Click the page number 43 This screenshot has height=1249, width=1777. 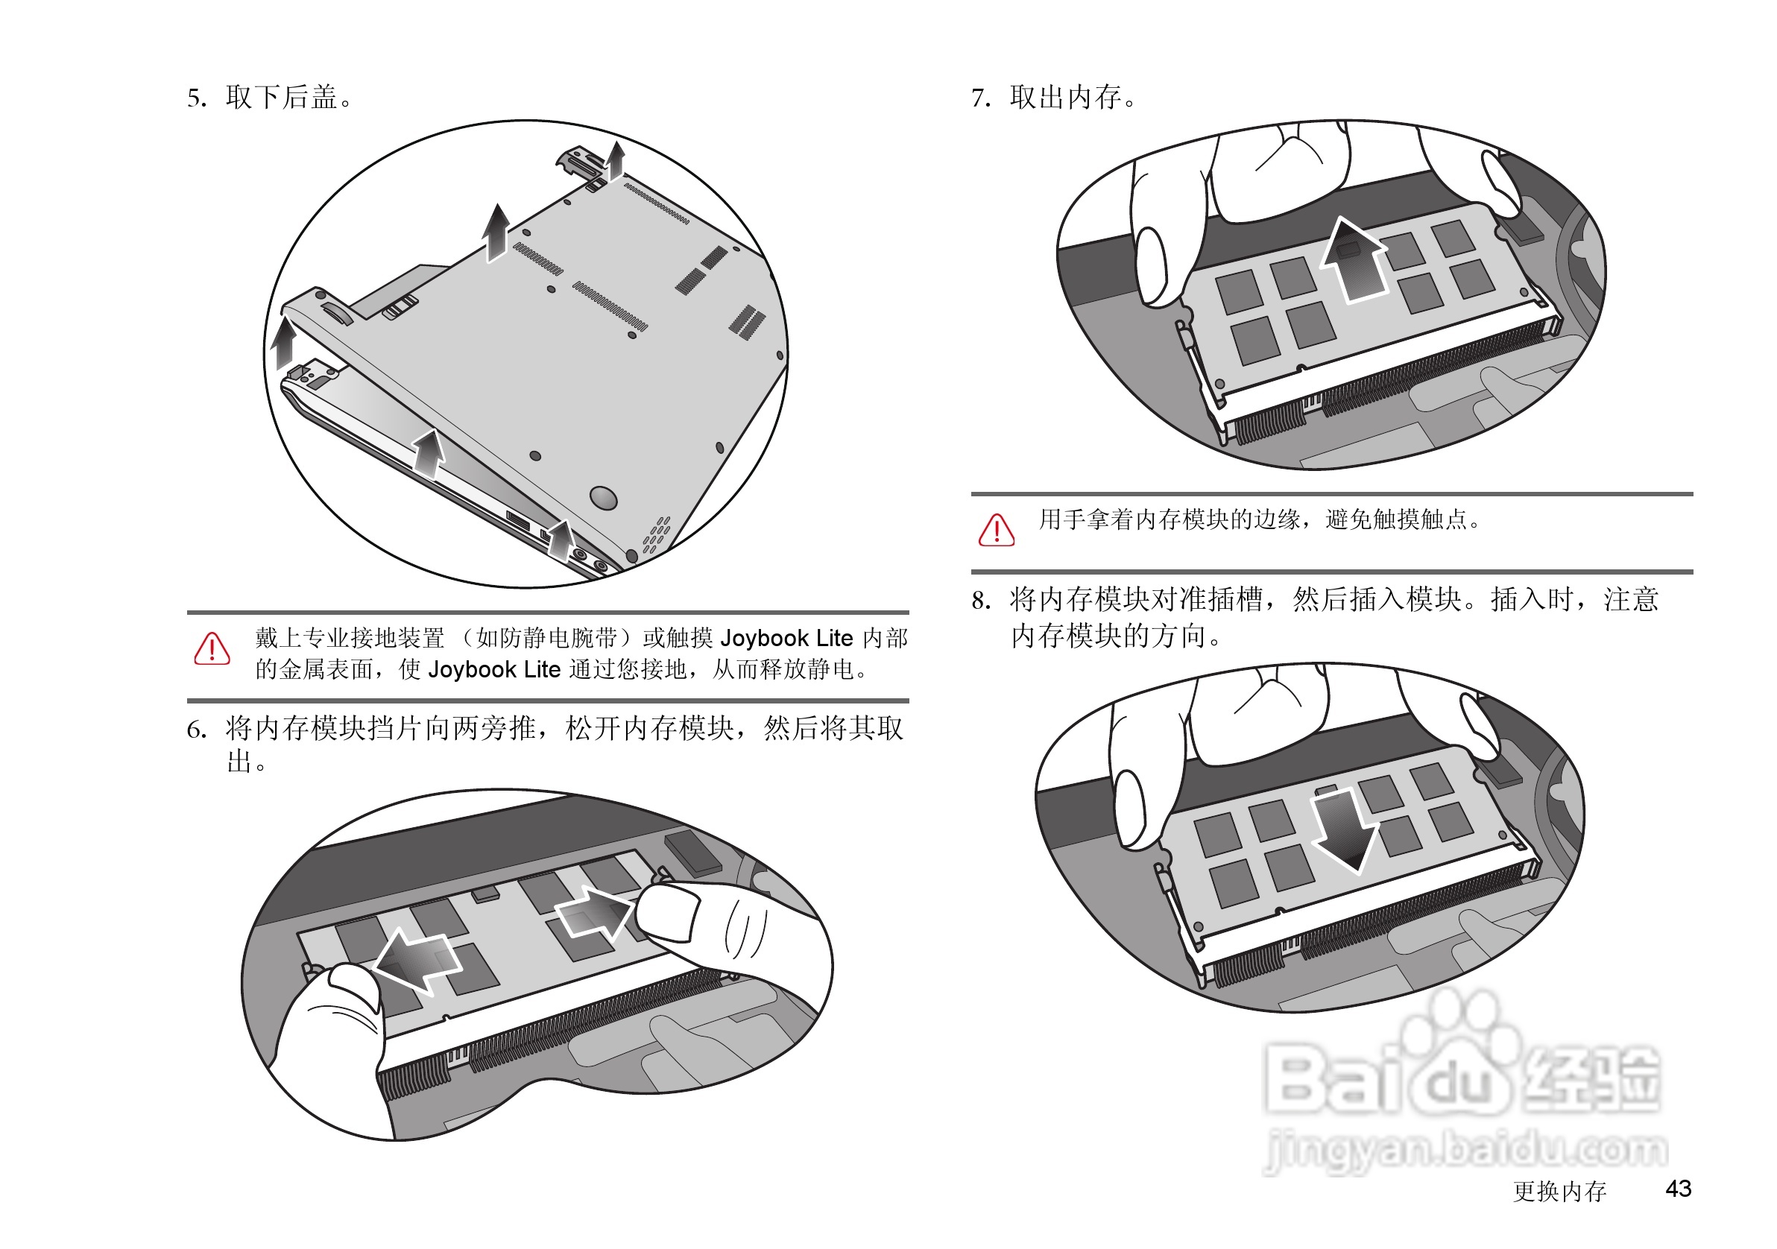pos(1677,1189)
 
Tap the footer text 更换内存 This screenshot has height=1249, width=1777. pos(1559,1191)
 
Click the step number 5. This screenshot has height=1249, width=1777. pos(195,98)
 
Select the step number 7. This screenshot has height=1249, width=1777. pos(980,98)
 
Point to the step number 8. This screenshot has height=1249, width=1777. pos(980,601)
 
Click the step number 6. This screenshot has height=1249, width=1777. pos(195,730)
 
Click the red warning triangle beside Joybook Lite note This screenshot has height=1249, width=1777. pos(211,649)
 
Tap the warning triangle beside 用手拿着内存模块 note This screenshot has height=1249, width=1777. pos(996,530)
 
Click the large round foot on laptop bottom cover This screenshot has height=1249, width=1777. pos(603,497)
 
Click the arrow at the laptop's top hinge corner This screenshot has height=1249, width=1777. pos(616,159)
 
